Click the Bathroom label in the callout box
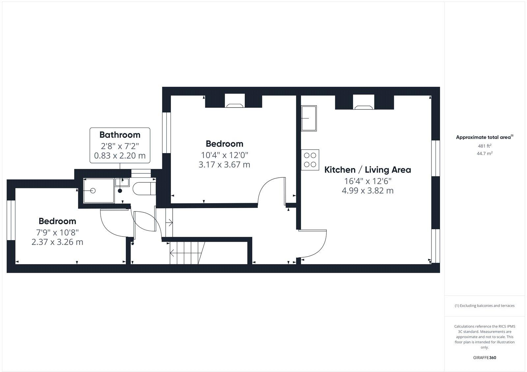[120, 135]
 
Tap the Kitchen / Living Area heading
[368, 170]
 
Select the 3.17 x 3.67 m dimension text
[224, 164]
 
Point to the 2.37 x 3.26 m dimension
[57, 242]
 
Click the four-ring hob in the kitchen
[310, 160]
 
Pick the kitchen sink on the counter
[309, 118]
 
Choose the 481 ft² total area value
[485, 145]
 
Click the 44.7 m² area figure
[485, 153]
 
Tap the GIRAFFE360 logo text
[485, 357]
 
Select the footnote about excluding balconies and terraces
[485, 306]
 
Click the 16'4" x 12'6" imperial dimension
[368, 181]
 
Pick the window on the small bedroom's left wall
[11, 220]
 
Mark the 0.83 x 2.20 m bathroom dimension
[120, 155]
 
